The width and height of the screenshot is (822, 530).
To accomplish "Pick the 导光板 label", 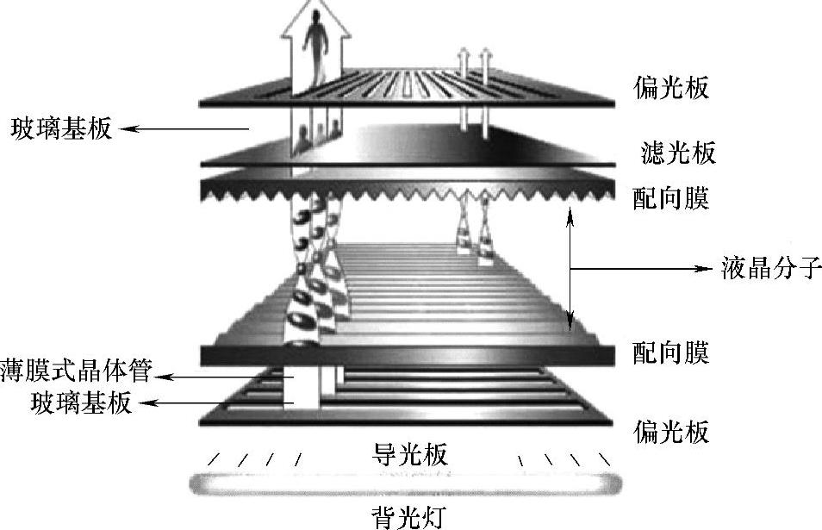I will pos(410,453).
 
